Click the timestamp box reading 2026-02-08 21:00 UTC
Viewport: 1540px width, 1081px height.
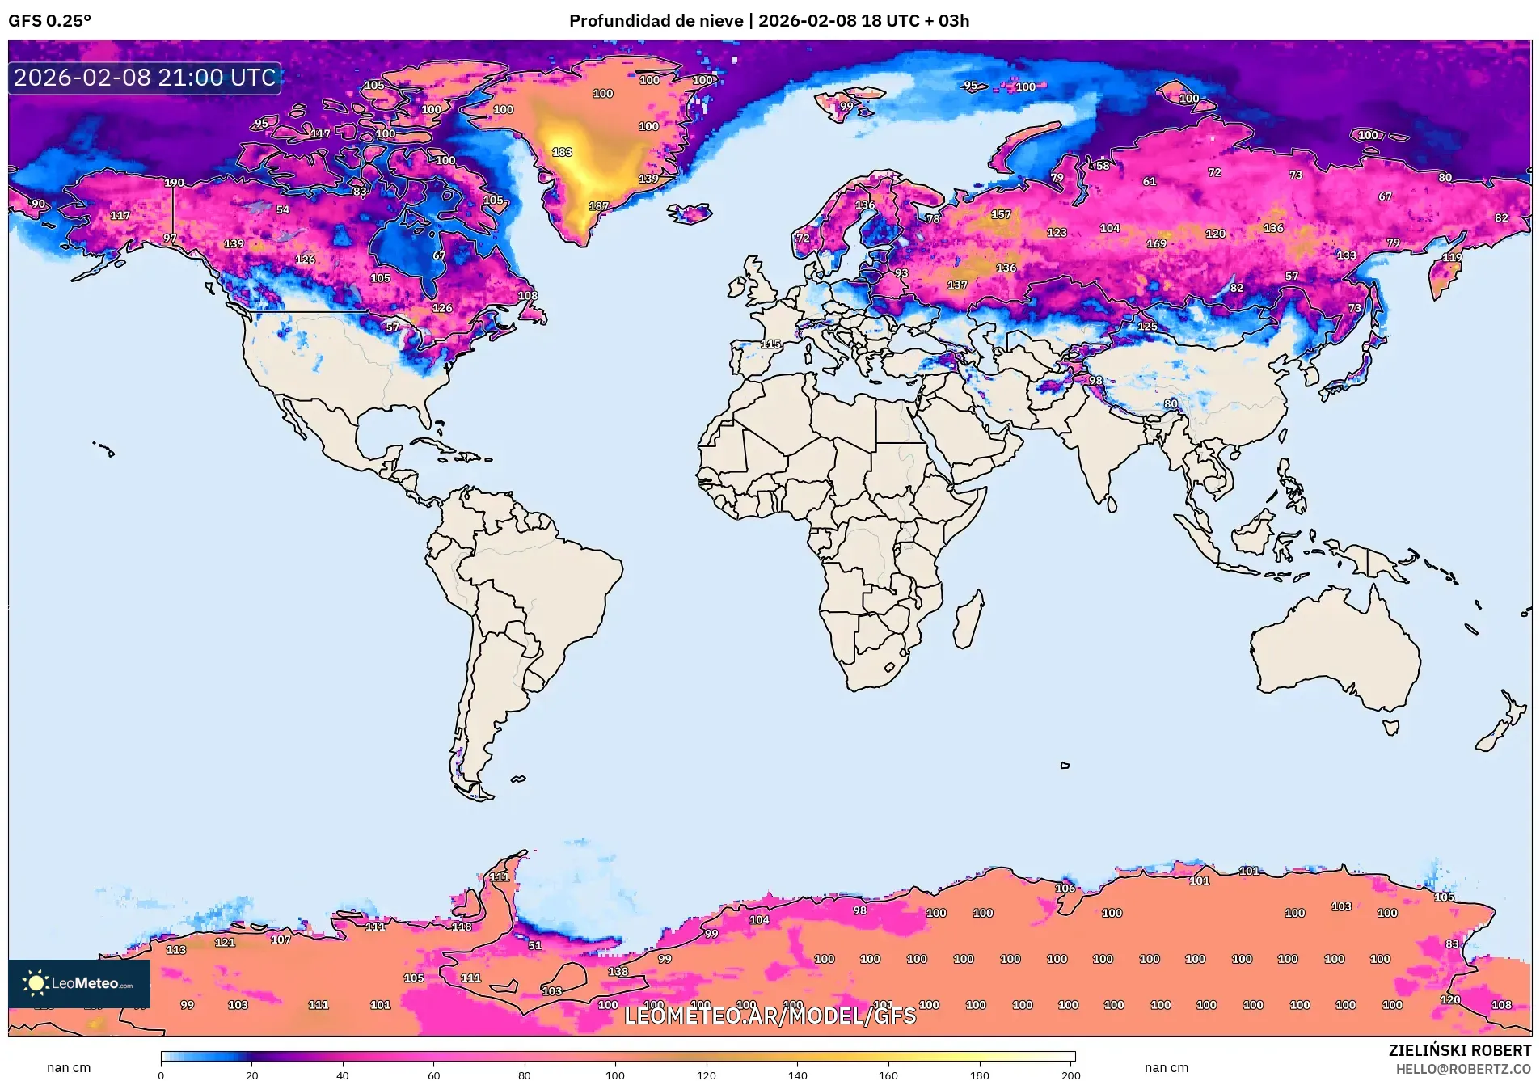(145, 78)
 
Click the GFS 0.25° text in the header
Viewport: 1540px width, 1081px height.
(49, 21)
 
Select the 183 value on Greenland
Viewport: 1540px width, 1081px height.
(562, 152)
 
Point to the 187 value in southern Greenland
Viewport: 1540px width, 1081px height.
(598, 206)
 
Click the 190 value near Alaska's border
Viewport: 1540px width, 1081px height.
(174, 183)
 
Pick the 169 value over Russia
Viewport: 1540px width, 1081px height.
(1156, 243)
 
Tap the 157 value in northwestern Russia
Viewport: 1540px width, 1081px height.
(1001, 214)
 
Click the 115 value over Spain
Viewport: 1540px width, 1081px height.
(770, 344)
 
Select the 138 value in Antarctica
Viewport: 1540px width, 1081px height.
(618, 972)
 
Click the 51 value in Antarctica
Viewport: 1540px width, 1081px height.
(534, 945)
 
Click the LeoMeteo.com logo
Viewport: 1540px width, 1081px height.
(78, 983)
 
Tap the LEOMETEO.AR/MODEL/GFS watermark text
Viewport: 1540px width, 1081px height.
(770, 1016)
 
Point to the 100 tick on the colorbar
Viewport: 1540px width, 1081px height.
(615, 1075)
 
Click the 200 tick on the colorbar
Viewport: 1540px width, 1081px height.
(1070, 1075)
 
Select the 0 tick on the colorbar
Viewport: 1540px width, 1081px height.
(161, 1075)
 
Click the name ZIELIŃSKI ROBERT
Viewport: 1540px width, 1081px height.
(1459, 1050)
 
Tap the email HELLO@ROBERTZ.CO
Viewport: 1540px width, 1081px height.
(1462, 1069)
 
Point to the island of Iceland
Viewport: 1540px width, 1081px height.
(690, 213)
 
